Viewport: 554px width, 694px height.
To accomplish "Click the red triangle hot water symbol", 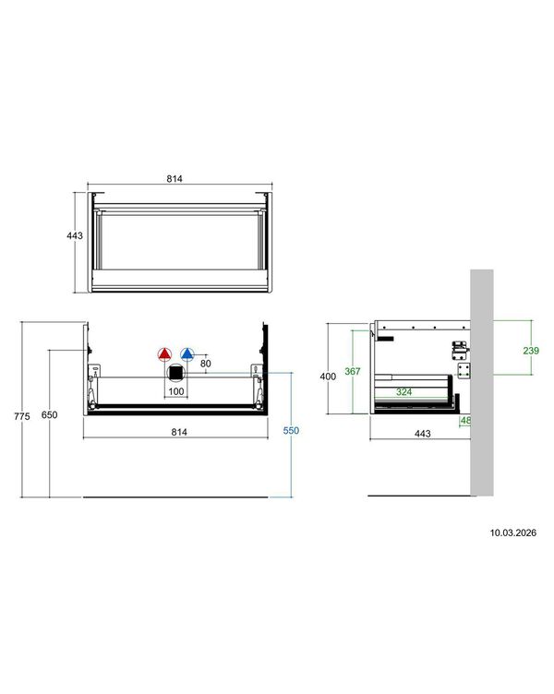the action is tap(164, 354).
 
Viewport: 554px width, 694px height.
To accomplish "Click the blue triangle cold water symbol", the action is tap(187, 354).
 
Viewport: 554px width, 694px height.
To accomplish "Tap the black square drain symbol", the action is tap(175, 373).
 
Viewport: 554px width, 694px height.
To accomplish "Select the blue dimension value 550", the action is tap(291, 430).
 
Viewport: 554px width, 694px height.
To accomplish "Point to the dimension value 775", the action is tap(22, 416).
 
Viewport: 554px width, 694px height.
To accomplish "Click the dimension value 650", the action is tap(49, 414).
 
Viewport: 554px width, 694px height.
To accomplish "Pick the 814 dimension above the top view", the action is tap(175, 179).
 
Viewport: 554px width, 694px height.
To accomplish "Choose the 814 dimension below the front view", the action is tap(179, 432).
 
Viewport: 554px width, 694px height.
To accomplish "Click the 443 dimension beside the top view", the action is tap(75, 235).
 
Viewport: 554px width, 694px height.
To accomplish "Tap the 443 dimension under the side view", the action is tap(423, 434).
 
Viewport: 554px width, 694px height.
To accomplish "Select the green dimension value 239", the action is tap(531, 351).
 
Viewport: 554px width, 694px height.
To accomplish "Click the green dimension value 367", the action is tap(353, 371).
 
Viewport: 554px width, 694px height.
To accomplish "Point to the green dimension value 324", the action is tap(403, 391).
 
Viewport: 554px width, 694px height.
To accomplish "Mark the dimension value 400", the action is tap(328, 377).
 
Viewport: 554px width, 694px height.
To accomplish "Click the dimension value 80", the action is tap(206, 364).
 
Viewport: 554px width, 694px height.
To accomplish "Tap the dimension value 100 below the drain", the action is tap(175, 391).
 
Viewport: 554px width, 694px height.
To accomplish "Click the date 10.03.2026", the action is tap(512, 532).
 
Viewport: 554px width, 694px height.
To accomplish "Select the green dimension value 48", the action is tap(465, 420).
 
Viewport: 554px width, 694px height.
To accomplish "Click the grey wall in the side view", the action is tap(482, 382).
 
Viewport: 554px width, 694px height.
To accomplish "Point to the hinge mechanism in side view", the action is tap(460, 350).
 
